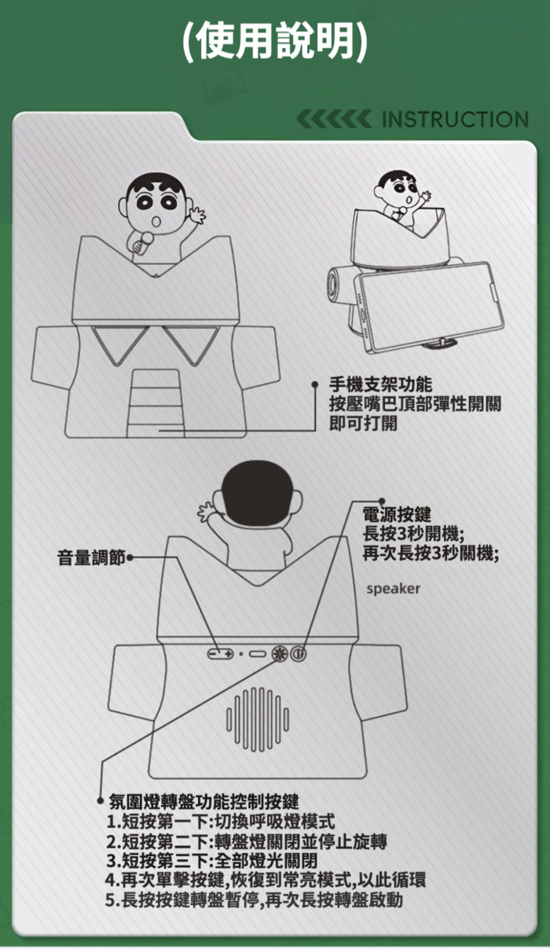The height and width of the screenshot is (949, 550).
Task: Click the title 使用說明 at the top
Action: pos(275,41)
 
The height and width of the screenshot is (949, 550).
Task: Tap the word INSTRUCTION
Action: pos(455,119)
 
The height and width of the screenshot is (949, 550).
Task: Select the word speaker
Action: pos(394,589)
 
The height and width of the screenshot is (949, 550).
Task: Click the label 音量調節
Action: pos(91,558)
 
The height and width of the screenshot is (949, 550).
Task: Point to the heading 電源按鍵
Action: pos(397,514)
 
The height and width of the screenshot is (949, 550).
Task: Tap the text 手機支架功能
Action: pos(381,384)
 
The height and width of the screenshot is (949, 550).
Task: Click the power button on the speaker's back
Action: pos(298,653)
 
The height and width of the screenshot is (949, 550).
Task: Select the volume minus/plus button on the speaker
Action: pos(220,653)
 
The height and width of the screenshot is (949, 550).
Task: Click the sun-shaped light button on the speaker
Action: pos(280,653)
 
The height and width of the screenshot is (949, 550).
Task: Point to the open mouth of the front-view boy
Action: pos(156,222)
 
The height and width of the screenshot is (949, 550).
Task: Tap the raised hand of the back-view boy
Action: pos(207,514)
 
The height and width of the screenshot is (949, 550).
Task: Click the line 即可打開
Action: pos(363,422)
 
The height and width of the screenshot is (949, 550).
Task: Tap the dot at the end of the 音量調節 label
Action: pos(130,557)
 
